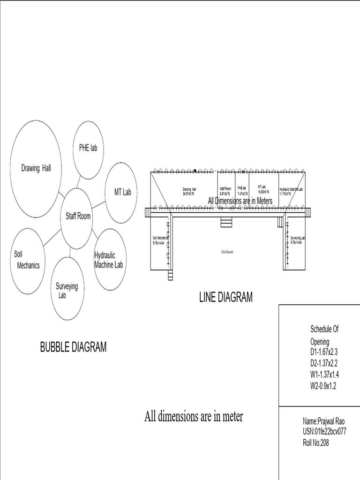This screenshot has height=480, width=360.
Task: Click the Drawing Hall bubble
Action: click(x=36, y=168)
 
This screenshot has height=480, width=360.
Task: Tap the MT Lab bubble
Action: click(x=122, y=193)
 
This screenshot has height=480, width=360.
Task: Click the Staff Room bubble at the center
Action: click(x=77, y=217)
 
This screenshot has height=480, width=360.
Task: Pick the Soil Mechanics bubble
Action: click(x=28, y=260)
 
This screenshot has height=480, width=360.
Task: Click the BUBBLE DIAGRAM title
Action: click(x=73, y=347)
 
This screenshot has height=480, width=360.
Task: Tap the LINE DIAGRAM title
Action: click(x=225, y=297)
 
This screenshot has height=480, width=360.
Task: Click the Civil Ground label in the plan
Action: click(x=227, y=252)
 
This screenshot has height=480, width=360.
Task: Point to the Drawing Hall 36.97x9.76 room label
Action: click(x=189, y=191)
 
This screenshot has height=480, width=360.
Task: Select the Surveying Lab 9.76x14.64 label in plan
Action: click(x=298, y=240)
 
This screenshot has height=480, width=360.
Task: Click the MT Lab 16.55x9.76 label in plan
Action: click(x=263, y=190)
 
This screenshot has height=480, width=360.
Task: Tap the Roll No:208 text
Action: click(x=316, y=443)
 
